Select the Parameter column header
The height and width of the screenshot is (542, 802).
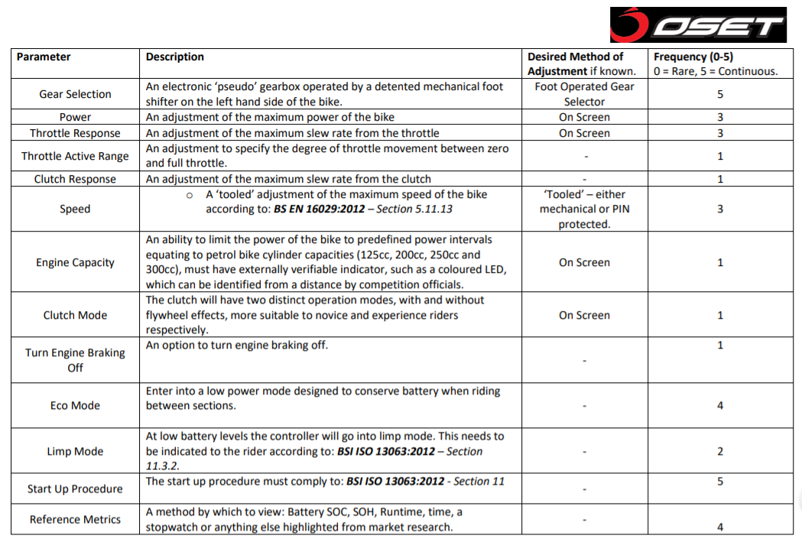44,57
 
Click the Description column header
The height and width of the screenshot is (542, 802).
175,57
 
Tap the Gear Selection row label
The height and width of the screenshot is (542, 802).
75,94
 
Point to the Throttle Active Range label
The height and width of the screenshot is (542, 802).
75,156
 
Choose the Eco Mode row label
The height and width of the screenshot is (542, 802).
75,405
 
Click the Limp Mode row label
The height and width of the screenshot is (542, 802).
75,451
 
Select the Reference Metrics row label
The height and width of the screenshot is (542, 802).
75,519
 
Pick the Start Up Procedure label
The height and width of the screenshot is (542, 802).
75,488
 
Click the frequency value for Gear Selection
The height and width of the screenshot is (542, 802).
720,94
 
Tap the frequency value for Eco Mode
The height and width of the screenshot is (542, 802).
720,405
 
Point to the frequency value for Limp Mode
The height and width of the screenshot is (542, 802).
720,451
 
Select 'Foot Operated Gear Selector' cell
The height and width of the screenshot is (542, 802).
584,94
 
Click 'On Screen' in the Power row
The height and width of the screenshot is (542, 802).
584,117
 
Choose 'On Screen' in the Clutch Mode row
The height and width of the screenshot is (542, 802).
584,315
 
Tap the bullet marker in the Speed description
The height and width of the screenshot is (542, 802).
190,196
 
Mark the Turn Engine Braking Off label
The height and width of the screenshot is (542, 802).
75,360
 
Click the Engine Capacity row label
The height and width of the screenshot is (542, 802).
75,262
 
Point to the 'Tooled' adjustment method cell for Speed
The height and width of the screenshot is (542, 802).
584,209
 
